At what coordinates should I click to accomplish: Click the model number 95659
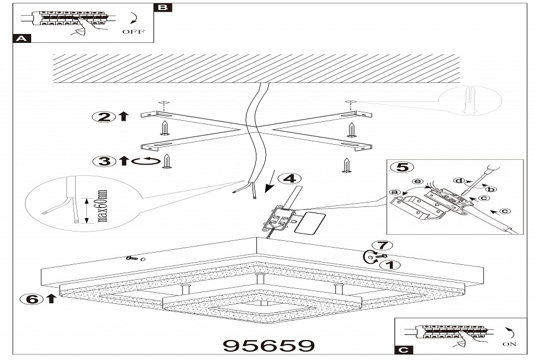point(268,346)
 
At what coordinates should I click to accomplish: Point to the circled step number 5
point(398,167)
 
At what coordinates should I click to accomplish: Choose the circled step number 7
point(382,245)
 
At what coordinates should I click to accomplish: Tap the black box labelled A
point(21,39)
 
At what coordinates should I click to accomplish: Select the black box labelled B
point(162,7)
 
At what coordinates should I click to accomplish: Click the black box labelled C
point(403,350)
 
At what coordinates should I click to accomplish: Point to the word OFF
point(133,32)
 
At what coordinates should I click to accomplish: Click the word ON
point(509,344)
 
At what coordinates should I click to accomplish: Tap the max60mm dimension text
point(102,206)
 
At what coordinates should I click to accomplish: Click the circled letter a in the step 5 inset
point(395,193)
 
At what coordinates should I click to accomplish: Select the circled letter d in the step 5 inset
point(459,180)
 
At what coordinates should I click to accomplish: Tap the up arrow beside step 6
point(51,299)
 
